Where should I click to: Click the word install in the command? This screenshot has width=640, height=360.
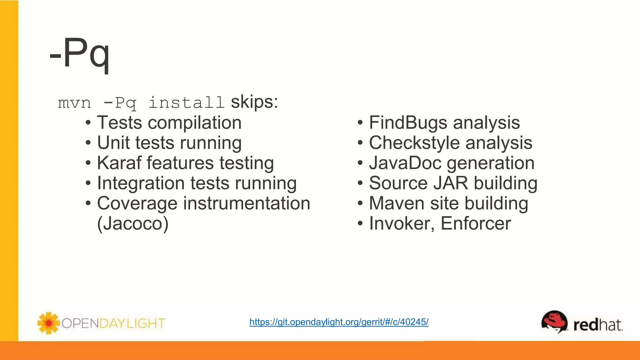[x=186, y=102]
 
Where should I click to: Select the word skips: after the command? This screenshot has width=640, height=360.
[x=254, y=102]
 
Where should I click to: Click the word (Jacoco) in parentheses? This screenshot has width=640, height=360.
[x=133, y=223]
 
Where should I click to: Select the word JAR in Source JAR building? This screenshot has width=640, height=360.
[x=450, y=183]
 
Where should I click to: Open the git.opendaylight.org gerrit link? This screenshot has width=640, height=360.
[x=339, y=322]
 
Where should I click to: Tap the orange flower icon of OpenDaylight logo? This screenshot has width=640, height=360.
[x=48, y=323]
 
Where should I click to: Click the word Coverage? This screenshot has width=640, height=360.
[x=137, y=203]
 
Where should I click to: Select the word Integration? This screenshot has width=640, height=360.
[x=141, y=183]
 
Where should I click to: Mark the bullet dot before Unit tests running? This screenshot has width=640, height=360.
[x=88, y=143]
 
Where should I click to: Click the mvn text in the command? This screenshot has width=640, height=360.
[x=74, y=103]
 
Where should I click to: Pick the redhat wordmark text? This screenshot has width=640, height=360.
[x=598, y=325]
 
